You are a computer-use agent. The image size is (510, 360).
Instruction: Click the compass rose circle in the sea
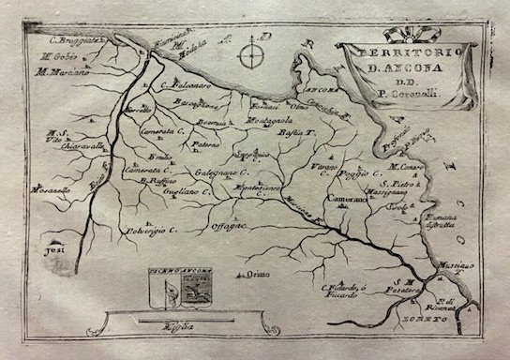[248, 56]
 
